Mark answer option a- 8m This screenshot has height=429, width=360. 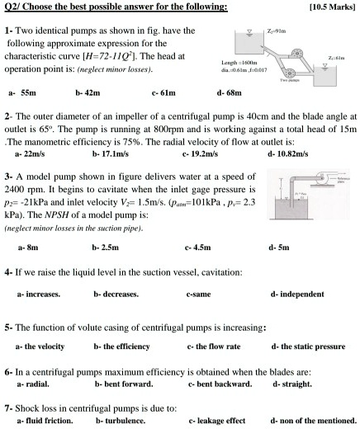(x=28, y=244)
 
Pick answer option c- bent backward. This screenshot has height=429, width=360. (x=220, y=384)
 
